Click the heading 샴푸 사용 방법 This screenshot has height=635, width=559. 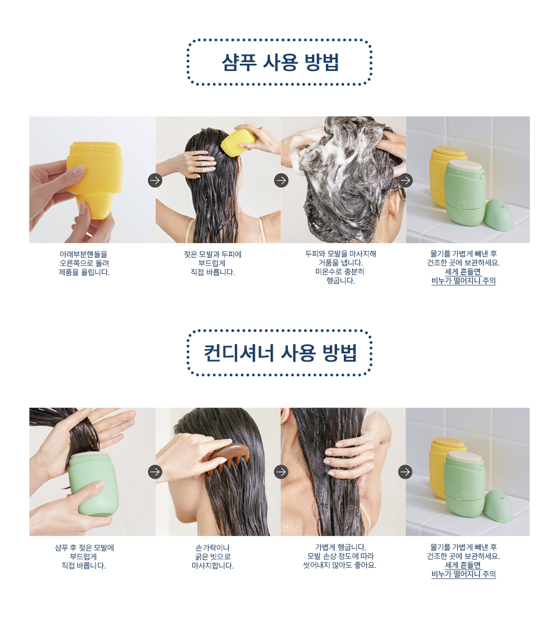(280, 62)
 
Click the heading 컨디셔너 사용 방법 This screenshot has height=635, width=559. (280, 353)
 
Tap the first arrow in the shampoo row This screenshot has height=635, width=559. (155, 180)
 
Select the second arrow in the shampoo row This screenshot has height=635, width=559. (281, 180)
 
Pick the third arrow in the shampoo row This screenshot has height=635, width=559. (405, 180)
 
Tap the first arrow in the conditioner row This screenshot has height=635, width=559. (155, 472)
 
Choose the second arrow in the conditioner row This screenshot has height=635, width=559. (281, 472)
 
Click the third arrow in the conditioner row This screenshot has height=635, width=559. (405, 472)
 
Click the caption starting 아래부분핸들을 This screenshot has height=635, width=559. (84, 263)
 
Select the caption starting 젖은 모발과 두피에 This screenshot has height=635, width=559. (212, 263)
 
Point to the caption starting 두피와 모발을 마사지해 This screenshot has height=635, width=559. (340, 267)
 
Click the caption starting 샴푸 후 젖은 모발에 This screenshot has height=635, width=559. (84, 557)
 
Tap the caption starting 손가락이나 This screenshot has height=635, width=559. (212, 557)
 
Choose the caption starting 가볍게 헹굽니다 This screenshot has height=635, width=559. (340, 556)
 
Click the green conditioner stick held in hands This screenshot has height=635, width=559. (92, 484)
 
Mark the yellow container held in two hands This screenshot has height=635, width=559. (95, 179)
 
